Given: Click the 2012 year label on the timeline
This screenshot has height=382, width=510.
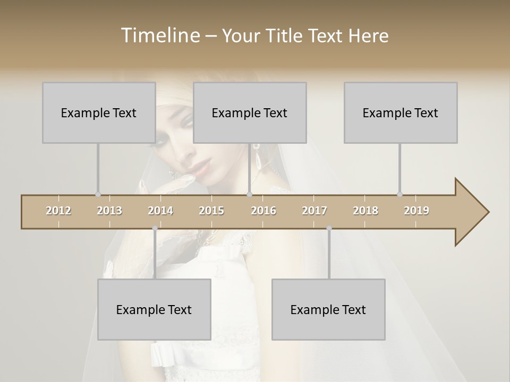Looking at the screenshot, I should tap(58, 211).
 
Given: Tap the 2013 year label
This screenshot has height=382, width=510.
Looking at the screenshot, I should tap(109, 211).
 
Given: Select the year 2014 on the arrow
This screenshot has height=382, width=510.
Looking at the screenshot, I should tap(160, 211).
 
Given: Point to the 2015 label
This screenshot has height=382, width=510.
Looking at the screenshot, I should tap(211, 211).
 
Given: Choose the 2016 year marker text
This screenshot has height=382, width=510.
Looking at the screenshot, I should tap(263, 211).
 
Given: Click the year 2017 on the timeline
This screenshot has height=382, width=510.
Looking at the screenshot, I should tap(314, 211).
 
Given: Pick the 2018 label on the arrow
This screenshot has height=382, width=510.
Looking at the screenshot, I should tap(365, 211).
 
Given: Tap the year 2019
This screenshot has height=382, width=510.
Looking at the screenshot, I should tap(416, 211).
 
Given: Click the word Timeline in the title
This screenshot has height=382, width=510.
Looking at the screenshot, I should tap(159, 36).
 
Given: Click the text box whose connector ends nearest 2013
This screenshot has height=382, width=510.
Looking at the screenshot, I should tap(99, 112).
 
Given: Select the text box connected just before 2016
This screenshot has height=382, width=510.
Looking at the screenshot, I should tap(250, 112).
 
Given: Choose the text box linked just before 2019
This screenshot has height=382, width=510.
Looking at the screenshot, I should tap(401, 112).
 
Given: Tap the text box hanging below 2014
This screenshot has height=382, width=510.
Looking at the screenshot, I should tap(154, 309).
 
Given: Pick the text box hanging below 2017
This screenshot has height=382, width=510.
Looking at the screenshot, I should tap(328, 309).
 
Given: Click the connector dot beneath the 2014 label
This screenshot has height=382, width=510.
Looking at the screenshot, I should tap(155, 228).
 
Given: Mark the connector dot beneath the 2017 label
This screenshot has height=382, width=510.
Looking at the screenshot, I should tap(329, 228).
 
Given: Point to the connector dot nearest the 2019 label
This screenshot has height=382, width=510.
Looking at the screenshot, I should tap(399, 194).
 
